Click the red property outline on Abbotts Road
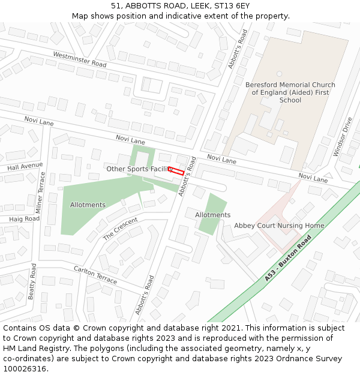[x=176, y=170]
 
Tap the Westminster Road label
[x=80, y=59]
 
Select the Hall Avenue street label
[x=25, y=166]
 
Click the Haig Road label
[x=24, y=219]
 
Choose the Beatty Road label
[x=33, y=282]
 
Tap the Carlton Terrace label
[x=95, y=275]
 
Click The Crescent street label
[x=121, y=229]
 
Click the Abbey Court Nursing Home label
[x=279, y=226]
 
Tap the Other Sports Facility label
[x=140, y=169]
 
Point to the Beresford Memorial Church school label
[x=290, y=92]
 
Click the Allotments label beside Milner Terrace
[x=88, y=205]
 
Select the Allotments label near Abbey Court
[x=212, y=215]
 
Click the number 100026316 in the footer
[x=25, y=369]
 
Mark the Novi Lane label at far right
[x=313, y=178]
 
